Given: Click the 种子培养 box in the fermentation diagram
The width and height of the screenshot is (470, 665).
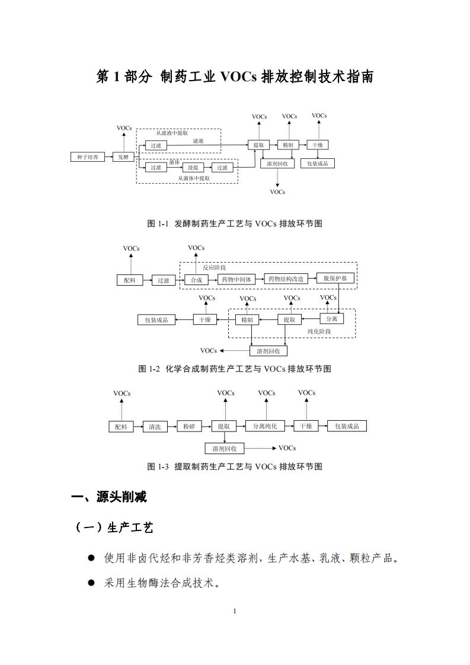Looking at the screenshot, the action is [x=88, y=157].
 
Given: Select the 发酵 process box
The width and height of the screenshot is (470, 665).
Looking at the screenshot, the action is [x=123, y=157].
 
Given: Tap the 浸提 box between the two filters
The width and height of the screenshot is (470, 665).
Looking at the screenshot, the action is [x=191, y=168].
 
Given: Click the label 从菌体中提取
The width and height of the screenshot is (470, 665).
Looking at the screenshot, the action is [x=194, y=178].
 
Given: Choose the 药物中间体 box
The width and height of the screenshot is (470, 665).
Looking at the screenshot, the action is [x=236, y=279].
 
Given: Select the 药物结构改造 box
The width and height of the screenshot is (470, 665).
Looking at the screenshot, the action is [x=286, y=279].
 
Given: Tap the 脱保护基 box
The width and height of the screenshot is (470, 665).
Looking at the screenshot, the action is [x=335, y=279].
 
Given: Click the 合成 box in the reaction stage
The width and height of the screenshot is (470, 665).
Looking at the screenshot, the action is [x=196, y=280].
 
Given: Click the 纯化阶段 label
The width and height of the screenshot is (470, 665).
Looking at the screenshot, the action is [x=319, y=331].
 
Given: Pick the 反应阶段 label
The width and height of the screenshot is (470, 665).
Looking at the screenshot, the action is [x=214, y=268].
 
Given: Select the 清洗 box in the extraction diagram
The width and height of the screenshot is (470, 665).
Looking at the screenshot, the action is [x=155, y=426].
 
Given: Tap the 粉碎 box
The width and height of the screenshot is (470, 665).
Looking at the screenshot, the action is [x=188, y=426].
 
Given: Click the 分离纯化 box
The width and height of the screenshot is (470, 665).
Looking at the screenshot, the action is [x=265, y=426].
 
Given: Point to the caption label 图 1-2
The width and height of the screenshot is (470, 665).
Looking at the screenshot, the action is [x=149, y=369].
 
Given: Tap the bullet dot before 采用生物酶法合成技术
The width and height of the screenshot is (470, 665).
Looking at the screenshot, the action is [x=91, y=583].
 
